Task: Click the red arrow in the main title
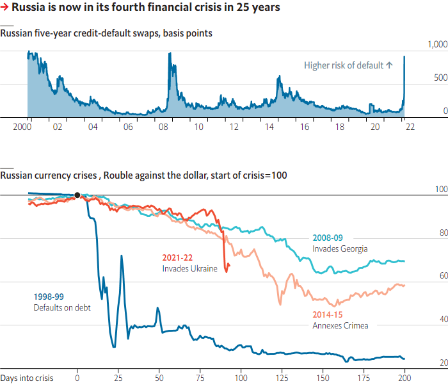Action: pos(5,8)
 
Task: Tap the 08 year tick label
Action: pos(163,126)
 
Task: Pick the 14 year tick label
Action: pos(269,126)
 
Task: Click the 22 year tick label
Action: pos(410,126)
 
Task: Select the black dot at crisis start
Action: pos(77,195)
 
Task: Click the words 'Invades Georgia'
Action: pos(340,248)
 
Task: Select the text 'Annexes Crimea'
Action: pos(340,325)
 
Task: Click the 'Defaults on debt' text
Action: pos(62,307)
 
